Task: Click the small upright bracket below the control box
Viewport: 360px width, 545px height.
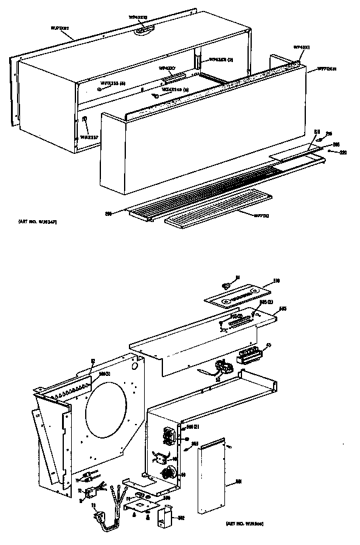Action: click(x=164, y=517)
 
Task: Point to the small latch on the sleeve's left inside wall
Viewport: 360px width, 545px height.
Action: click(x=84, y=119)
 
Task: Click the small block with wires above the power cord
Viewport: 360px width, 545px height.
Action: click(x=89, y=491)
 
